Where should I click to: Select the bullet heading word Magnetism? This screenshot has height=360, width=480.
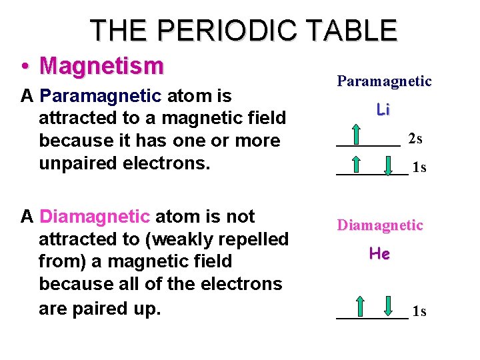point(101,66)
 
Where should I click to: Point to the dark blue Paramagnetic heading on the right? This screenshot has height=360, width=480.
point(384,81)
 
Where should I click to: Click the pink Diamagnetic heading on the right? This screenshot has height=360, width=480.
point(380,225)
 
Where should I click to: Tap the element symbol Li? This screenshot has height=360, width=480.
point(383,109)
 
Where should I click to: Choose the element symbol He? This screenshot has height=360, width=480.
point(379,254)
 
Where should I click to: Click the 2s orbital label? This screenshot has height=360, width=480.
point(415,139)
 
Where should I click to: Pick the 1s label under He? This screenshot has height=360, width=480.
point(419,311)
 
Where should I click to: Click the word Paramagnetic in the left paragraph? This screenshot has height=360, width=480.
point(101,97)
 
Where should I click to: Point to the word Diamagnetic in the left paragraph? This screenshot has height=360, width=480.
point(95,217)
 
